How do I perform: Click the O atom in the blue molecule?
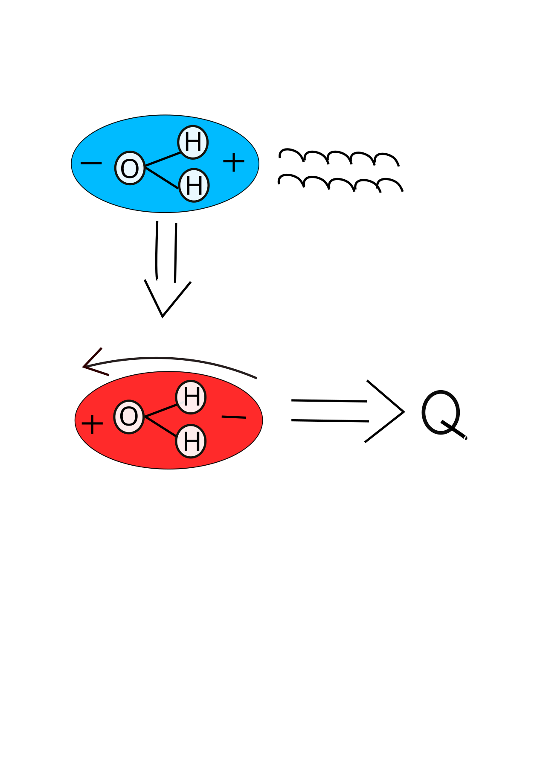(130, 168)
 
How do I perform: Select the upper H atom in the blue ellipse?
(193, 142)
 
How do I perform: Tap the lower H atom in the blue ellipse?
(194, 185)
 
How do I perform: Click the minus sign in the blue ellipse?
(91, 163)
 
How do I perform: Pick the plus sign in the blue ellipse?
(234, 162)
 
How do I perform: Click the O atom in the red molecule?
(129, 417)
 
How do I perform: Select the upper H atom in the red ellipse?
(191, 397)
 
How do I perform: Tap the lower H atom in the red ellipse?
(191, 441)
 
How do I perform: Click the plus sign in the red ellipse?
(92, 424)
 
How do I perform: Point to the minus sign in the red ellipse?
(234, 417)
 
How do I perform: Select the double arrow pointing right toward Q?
(348, 411)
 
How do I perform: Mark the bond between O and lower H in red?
(161, 426)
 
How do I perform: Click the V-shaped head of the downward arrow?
(163, 316)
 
